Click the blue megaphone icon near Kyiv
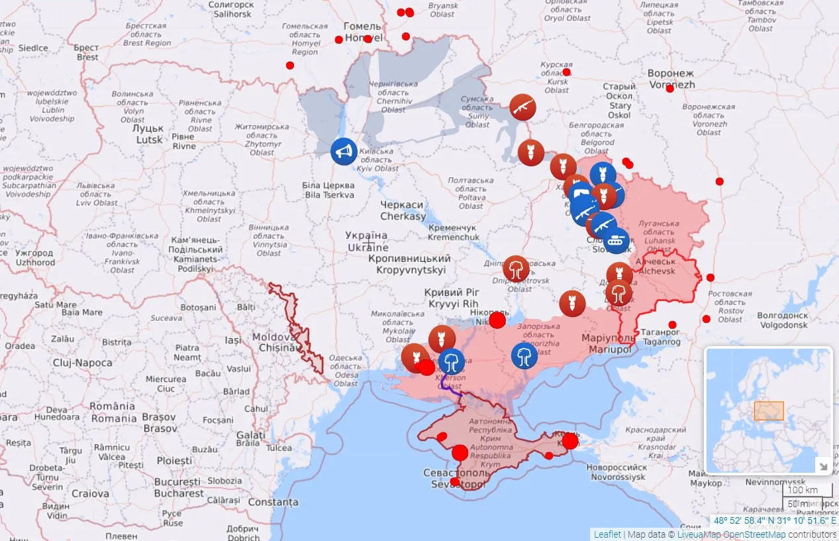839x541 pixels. (344, 152)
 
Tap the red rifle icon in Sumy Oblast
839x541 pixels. (522, 107)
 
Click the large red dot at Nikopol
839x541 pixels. (497, 321)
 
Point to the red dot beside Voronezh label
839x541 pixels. (669, 88)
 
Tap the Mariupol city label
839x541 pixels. (607, 343)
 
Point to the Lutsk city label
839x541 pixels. (150, 134)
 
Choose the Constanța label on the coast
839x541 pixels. (273, 503)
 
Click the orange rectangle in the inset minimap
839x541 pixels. (769, 410)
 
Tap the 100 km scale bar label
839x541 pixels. (803, 490)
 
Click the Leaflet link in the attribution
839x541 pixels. (607, 534)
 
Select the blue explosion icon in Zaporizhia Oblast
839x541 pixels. (524, 355)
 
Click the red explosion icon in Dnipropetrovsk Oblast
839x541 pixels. (516, 269)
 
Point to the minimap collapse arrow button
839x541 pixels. (822, 465)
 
